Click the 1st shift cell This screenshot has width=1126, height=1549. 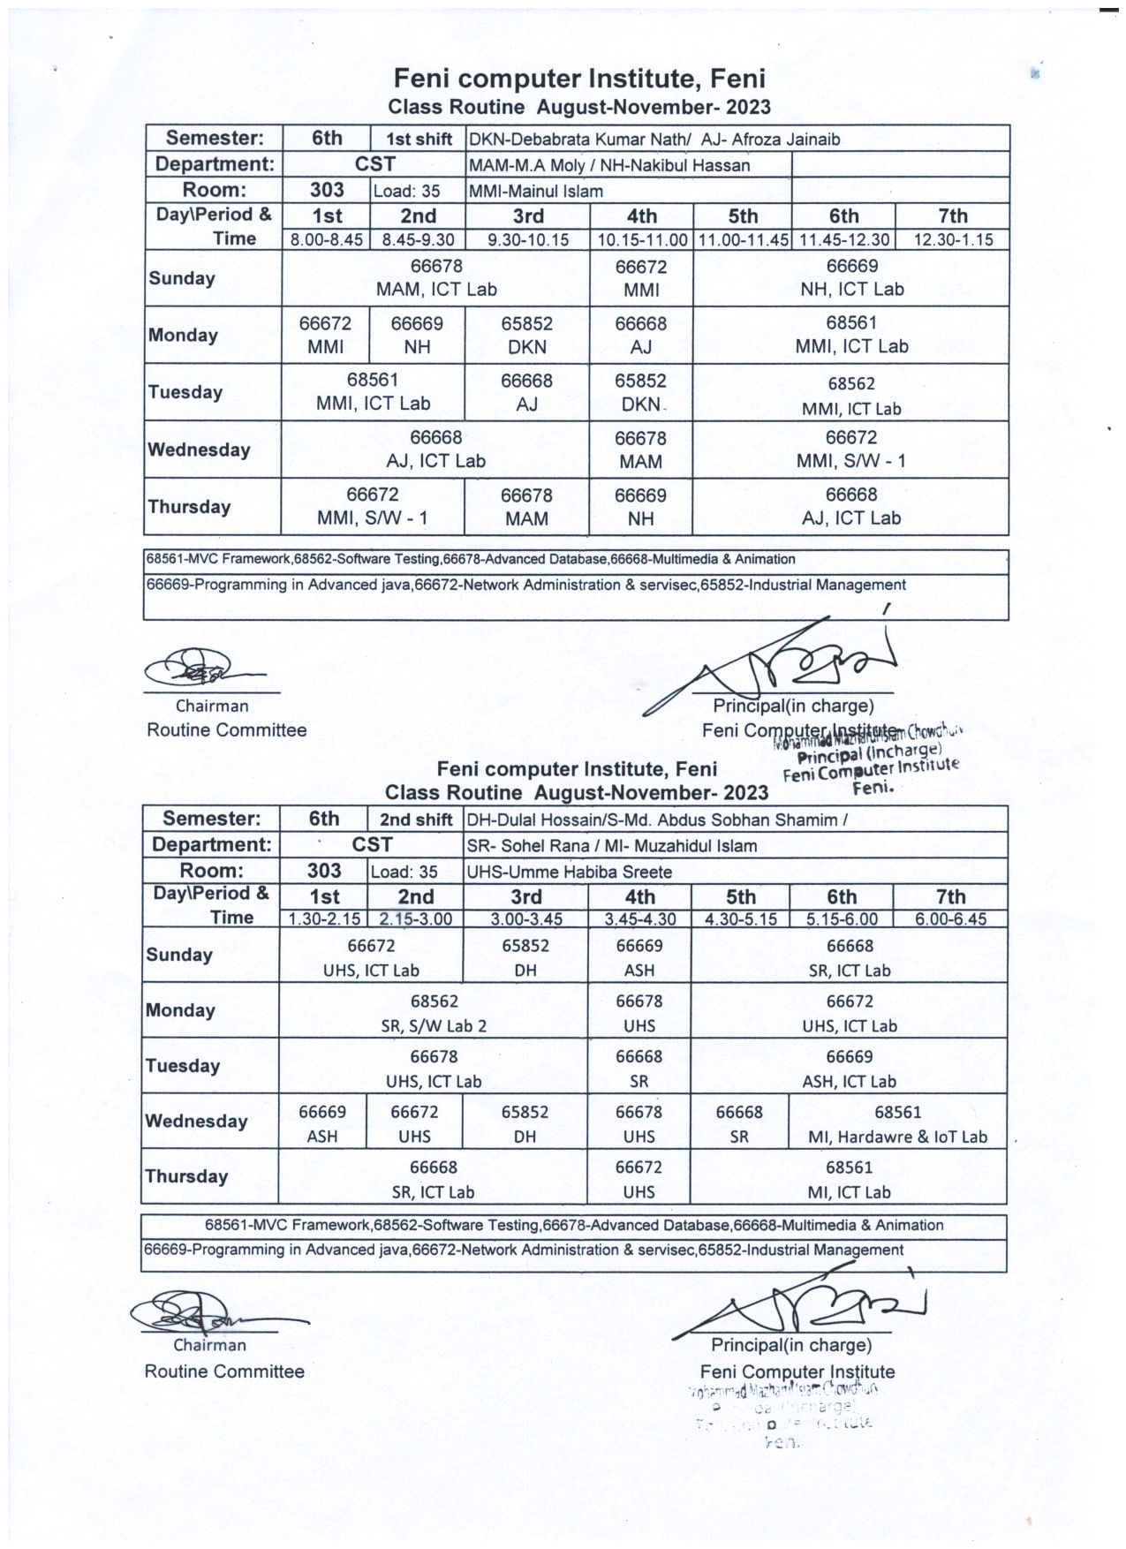click(x=418, y=139)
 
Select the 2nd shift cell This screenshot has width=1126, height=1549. click(x=416, y=820)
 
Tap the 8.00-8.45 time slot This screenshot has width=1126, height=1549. click(x=326, y=240)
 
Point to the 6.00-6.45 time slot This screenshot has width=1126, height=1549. click(x=950, y=918)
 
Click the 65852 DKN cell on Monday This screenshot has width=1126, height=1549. click(x=527, y=336)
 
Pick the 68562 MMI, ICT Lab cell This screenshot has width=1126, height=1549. click(x=851, y=394)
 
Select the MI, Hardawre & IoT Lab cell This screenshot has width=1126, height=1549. click(x=897, y=1124)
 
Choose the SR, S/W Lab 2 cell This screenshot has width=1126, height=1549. click(x=434, y=1013)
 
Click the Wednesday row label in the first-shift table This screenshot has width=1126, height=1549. click(x=200, y=450)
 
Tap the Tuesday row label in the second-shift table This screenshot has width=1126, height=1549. click(x=183, y=1066)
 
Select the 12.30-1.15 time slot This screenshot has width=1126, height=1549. click(x=952, y=240)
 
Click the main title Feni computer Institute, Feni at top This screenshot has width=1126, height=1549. click(x=579, y=79)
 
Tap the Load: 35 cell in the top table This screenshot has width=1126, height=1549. click(x=406, y=191)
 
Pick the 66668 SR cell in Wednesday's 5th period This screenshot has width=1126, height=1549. click(x=739, y=1124)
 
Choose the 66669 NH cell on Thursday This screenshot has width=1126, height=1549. click(x=641, y=507)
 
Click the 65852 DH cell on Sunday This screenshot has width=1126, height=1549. click(x=525, y=957)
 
